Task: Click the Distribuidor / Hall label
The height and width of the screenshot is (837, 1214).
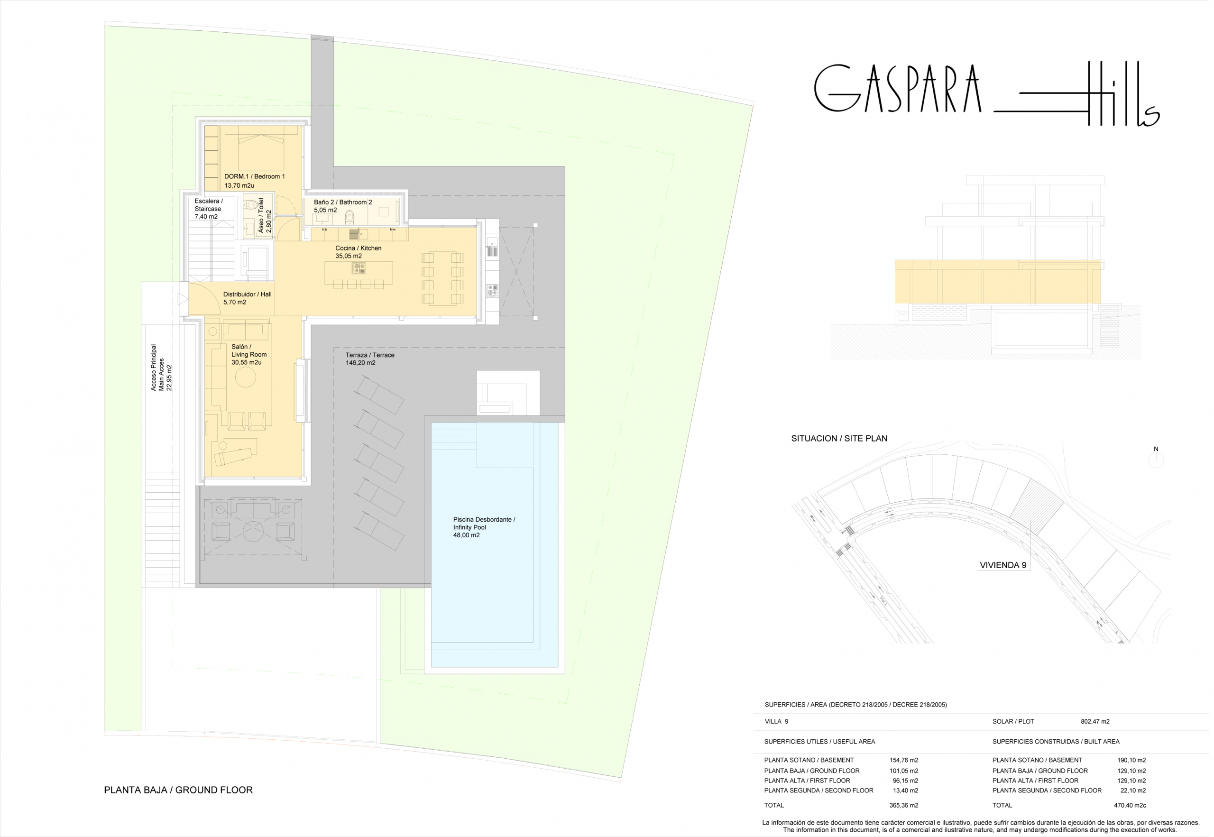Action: [x=248, y=295]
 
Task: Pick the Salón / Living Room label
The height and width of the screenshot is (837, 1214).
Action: [x=249, y=351]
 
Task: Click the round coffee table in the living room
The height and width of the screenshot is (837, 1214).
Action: [x=246, y=378]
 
